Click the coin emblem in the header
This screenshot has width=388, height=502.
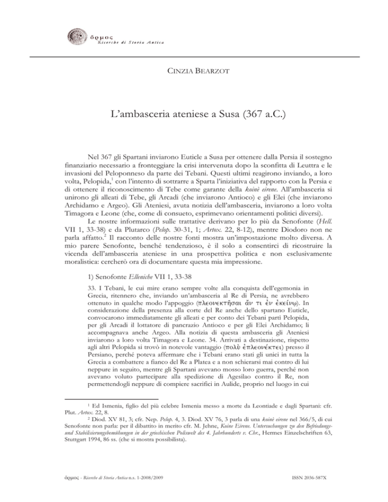75,37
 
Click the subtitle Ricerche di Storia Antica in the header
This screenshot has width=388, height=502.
126,41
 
